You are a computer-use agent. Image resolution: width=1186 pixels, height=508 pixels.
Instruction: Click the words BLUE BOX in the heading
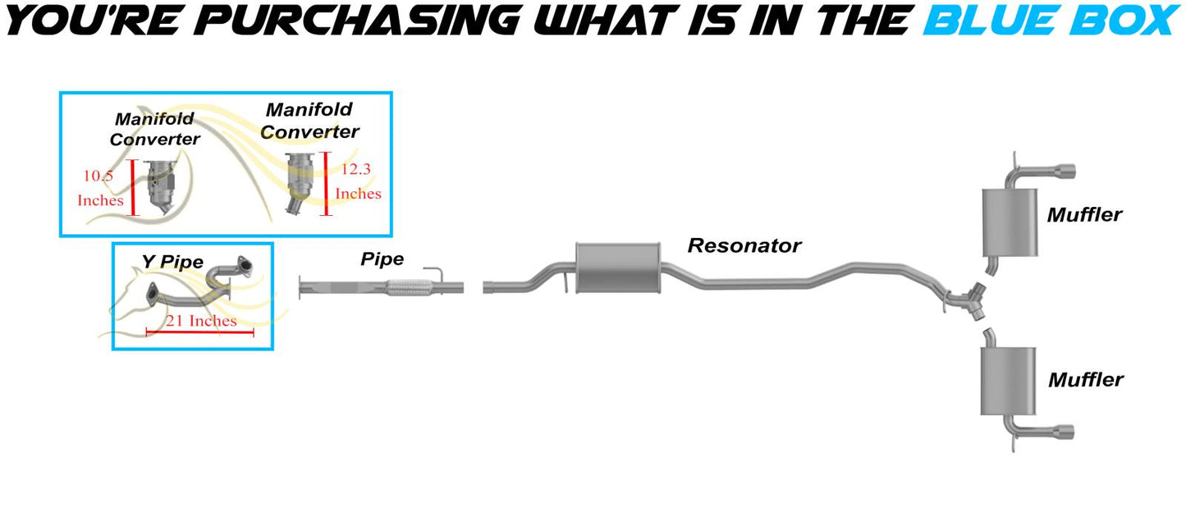pyautogui.click(x=1051, y=21)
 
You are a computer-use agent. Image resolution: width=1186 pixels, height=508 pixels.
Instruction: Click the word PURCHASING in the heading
pyautogui.click(x=360, y=21)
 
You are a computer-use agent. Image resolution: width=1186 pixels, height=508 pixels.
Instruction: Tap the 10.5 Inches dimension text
pyautogui.click(x=100, y=188)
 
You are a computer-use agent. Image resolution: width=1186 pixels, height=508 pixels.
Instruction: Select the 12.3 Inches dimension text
pyautogui.click(x=358, y=181)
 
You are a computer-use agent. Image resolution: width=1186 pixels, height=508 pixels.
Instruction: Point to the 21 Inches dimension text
pyautogui.click(x=200, y=321)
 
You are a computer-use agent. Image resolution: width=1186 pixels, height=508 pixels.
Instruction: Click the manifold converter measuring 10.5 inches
pyautogui.click(x=160, y=186)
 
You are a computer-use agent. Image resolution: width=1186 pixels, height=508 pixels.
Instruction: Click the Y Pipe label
pyautogui.click(x=172, y=262)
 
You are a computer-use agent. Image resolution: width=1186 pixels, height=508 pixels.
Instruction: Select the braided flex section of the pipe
pyautogui.click(x=410, y=286)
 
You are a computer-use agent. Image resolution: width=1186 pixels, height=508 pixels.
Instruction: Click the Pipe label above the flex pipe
pyautogui.click(x=382, y=259)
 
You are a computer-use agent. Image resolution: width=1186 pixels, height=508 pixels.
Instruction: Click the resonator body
pyautogui.click(x=618, y=268)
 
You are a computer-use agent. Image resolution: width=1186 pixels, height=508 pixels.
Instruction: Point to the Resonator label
pyautogui.click(x=744, y=245)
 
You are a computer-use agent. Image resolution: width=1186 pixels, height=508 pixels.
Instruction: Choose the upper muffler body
pyautogui.click(x=1010, y=222)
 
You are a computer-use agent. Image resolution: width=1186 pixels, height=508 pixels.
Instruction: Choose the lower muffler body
pyautogui.click(x=1008, y=381)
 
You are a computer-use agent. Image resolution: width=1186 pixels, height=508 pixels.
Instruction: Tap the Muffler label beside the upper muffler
pyautogui.click(x=1084, y=215)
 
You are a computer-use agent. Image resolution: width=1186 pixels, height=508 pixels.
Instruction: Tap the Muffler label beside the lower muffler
pyautogui.click(x=1085, y=380)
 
